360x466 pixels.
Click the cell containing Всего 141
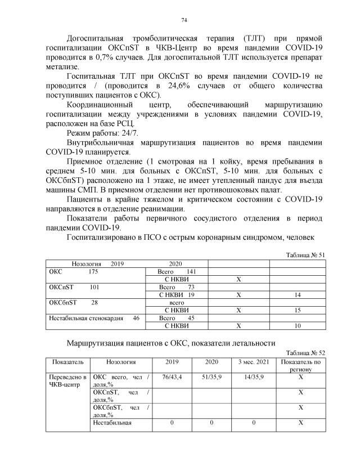174,271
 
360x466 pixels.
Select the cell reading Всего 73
174,287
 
